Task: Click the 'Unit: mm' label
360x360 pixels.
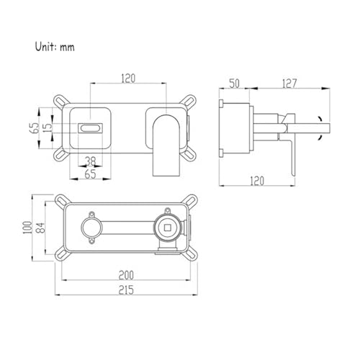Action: [55, 47]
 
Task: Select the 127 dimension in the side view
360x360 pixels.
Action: [289, 84]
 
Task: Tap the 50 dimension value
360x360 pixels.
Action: [234, 84]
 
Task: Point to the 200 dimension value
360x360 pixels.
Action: [126, 275]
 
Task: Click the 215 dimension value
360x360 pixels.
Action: [126, 290]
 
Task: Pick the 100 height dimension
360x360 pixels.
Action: [27, 228]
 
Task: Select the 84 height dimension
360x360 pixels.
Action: [40, 228]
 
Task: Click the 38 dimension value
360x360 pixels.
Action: [91, 161]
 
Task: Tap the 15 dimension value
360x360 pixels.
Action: [48, 126]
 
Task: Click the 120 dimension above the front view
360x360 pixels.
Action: [128, 78]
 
